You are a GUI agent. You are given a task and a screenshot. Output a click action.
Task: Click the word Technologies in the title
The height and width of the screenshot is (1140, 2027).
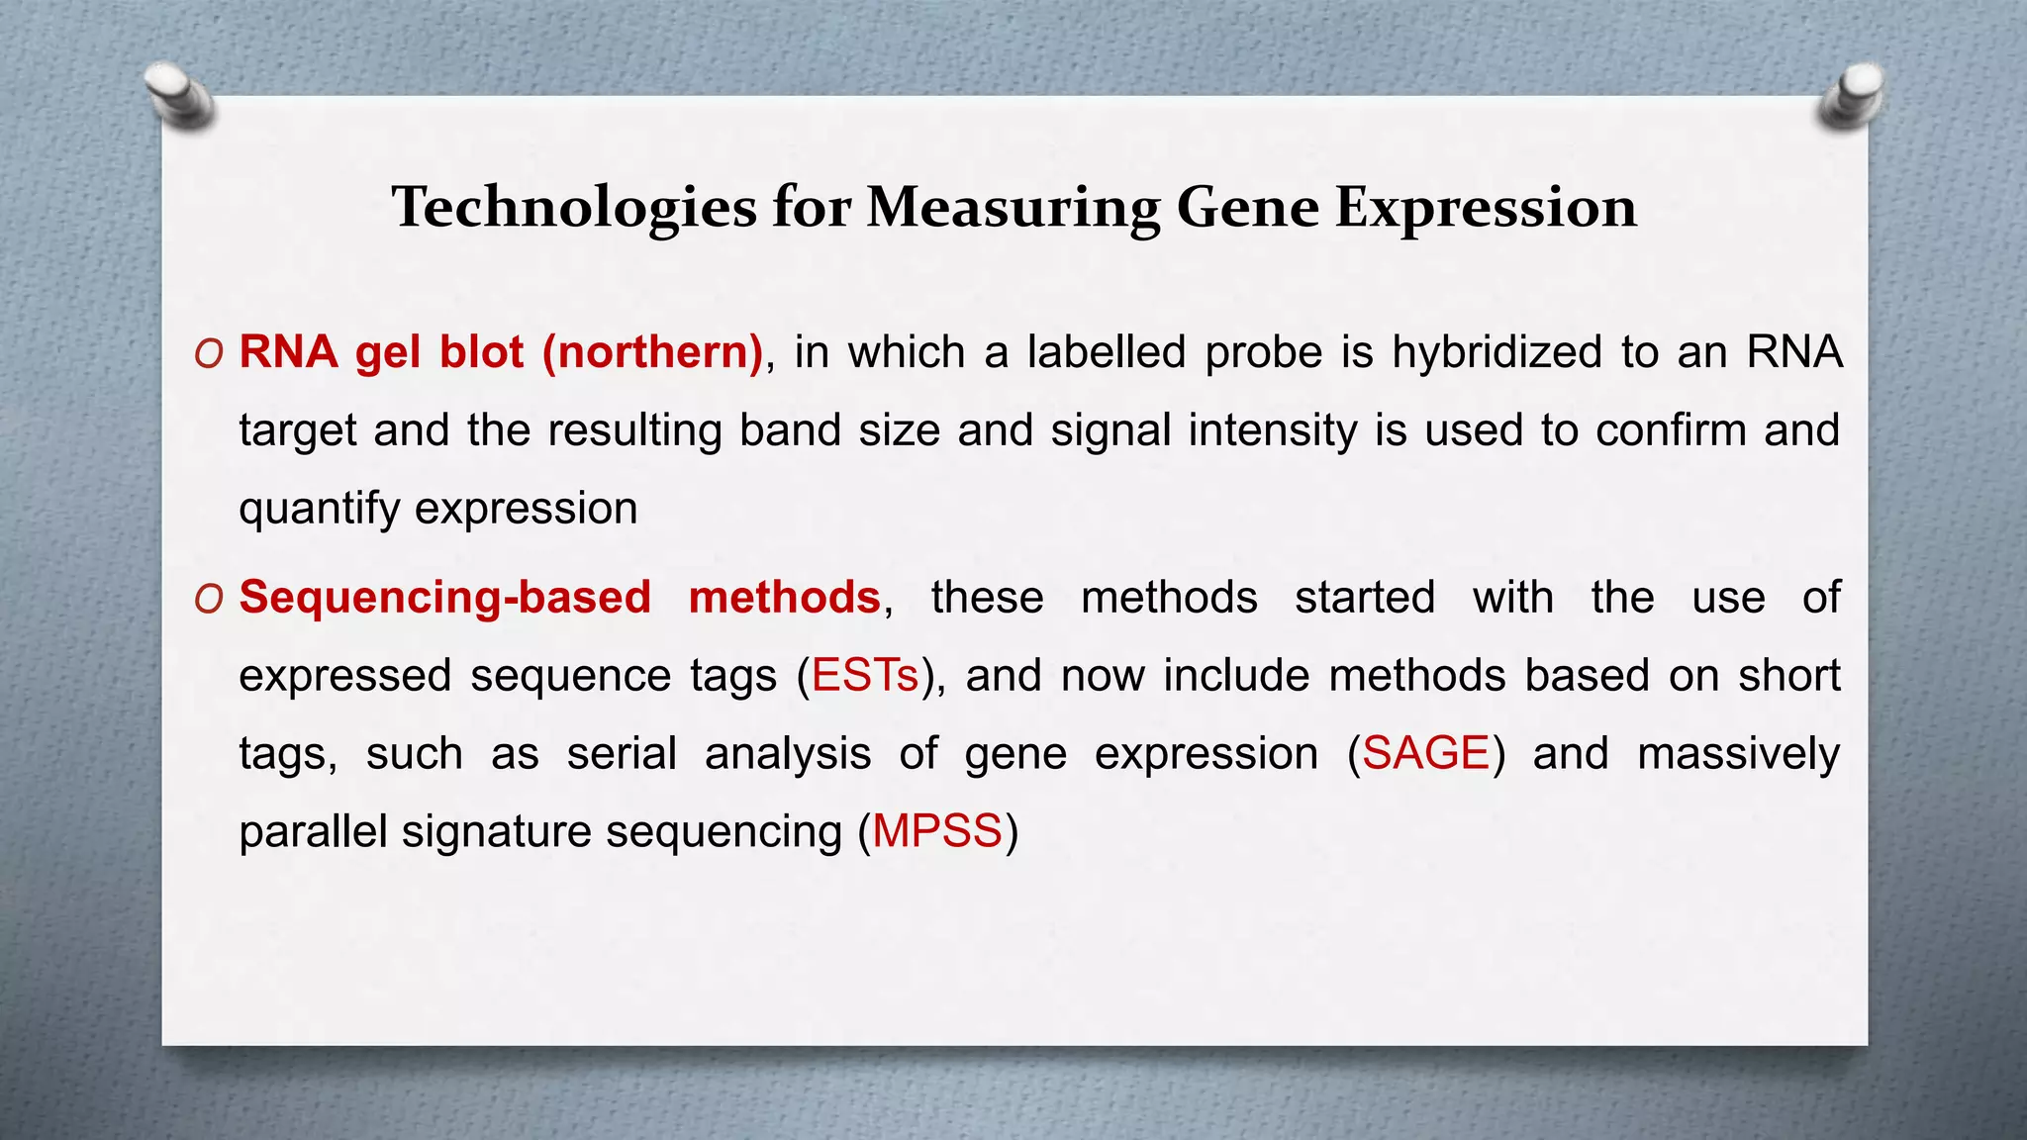point(573,209)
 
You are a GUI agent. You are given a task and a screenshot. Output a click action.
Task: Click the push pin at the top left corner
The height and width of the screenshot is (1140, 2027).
point(177,95)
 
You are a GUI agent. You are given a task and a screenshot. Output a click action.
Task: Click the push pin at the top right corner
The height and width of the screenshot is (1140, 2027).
point(1852,95)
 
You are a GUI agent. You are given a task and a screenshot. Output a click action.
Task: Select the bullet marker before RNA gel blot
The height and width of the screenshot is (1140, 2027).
point(209,354)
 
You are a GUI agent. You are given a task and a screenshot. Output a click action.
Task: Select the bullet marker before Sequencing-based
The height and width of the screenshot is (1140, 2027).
point(209,599)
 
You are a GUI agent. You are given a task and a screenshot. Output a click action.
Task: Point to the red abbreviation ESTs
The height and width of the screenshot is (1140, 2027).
point(865,676)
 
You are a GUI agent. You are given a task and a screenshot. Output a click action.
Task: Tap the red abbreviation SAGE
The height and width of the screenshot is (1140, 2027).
point(1425,754)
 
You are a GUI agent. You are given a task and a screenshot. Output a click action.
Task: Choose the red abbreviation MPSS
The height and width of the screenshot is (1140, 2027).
point(937,831)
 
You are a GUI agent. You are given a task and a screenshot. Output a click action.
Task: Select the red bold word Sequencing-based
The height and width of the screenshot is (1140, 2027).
point(444,598)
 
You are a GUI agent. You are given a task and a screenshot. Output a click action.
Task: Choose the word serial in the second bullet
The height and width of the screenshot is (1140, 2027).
point(621,754)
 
